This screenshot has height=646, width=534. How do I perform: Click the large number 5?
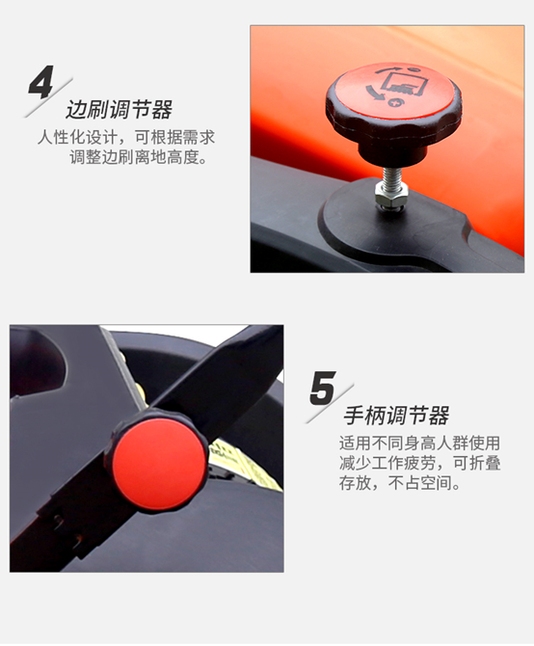click(x=323, y=387)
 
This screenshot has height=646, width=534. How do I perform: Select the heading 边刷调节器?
click(x=119, y=110)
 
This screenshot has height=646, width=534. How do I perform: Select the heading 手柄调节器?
click(x=396, y=417)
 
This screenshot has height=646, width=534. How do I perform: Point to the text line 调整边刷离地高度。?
click(x=138, y=157)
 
